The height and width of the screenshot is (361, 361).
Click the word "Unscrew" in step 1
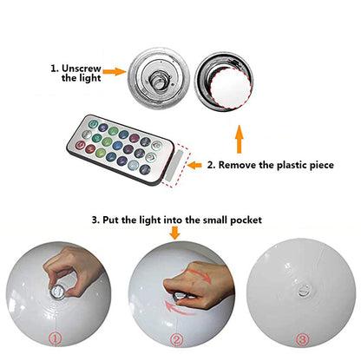[82, 69]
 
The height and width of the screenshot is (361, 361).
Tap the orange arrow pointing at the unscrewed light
[115, 71]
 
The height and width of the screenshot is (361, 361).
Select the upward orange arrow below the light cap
[239, 139]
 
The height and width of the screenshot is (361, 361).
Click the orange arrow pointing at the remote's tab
[194, 166]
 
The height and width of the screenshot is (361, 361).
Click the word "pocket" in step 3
[246, 220]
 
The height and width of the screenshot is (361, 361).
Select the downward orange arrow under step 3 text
[174, 233]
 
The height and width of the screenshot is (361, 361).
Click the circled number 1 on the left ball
[55, 338]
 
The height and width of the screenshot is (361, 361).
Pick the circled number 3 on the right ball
[302, 339]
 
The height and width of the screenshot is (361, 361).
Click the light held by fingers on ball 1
[58, 292]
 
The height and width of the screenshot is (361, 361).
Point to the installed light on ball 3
[305, 290]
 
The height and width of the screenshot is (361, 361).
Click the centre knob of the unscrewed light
[159, 80]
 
